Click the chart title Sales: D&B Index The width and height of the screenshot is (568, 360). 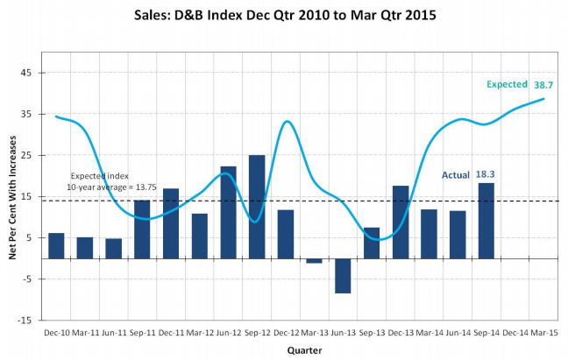[x=285, y=15]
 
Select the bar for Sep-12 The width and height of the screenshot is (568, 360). [x=257, y=207]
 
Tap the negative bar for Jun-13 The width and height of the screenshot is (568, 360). [x=343, y=276]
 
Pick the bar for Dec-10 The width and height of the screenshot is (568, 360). [x=56, y=246]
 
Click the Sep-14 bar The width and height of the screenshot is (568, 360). [x=486, y=221]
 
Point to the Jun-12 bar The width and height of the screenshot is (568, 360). [x=228, y=213]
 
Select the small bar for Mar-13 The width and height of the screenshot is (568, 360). [x=314, y=261]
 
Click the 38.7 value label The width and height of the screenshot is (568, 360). [x=543, y=85]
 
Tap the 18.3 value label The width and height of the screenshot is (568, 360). [x=485, y=174]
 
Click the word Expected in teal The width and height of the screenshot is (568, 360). [x=507, y=84]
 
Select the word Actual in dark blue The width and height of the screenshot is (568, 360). [x=456, y=175]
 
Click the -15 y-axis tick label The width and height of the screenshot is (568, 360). [x=25, y=321]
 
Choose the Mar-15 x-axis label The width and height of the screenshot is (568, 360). [x=544, y=333]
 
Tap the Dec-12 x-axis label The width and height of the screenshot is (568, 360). [x=286, y=333]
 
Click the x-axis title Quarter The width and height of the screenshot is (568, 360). [x=304, y=350]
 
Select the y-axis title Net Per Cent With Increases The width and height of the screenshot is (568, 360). [x=12, y=198]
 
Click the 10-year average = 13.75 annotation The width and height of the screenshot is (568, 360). [x=111, y=187]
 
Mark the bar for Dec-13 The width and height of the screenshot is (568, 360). [x=401, y=222]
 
